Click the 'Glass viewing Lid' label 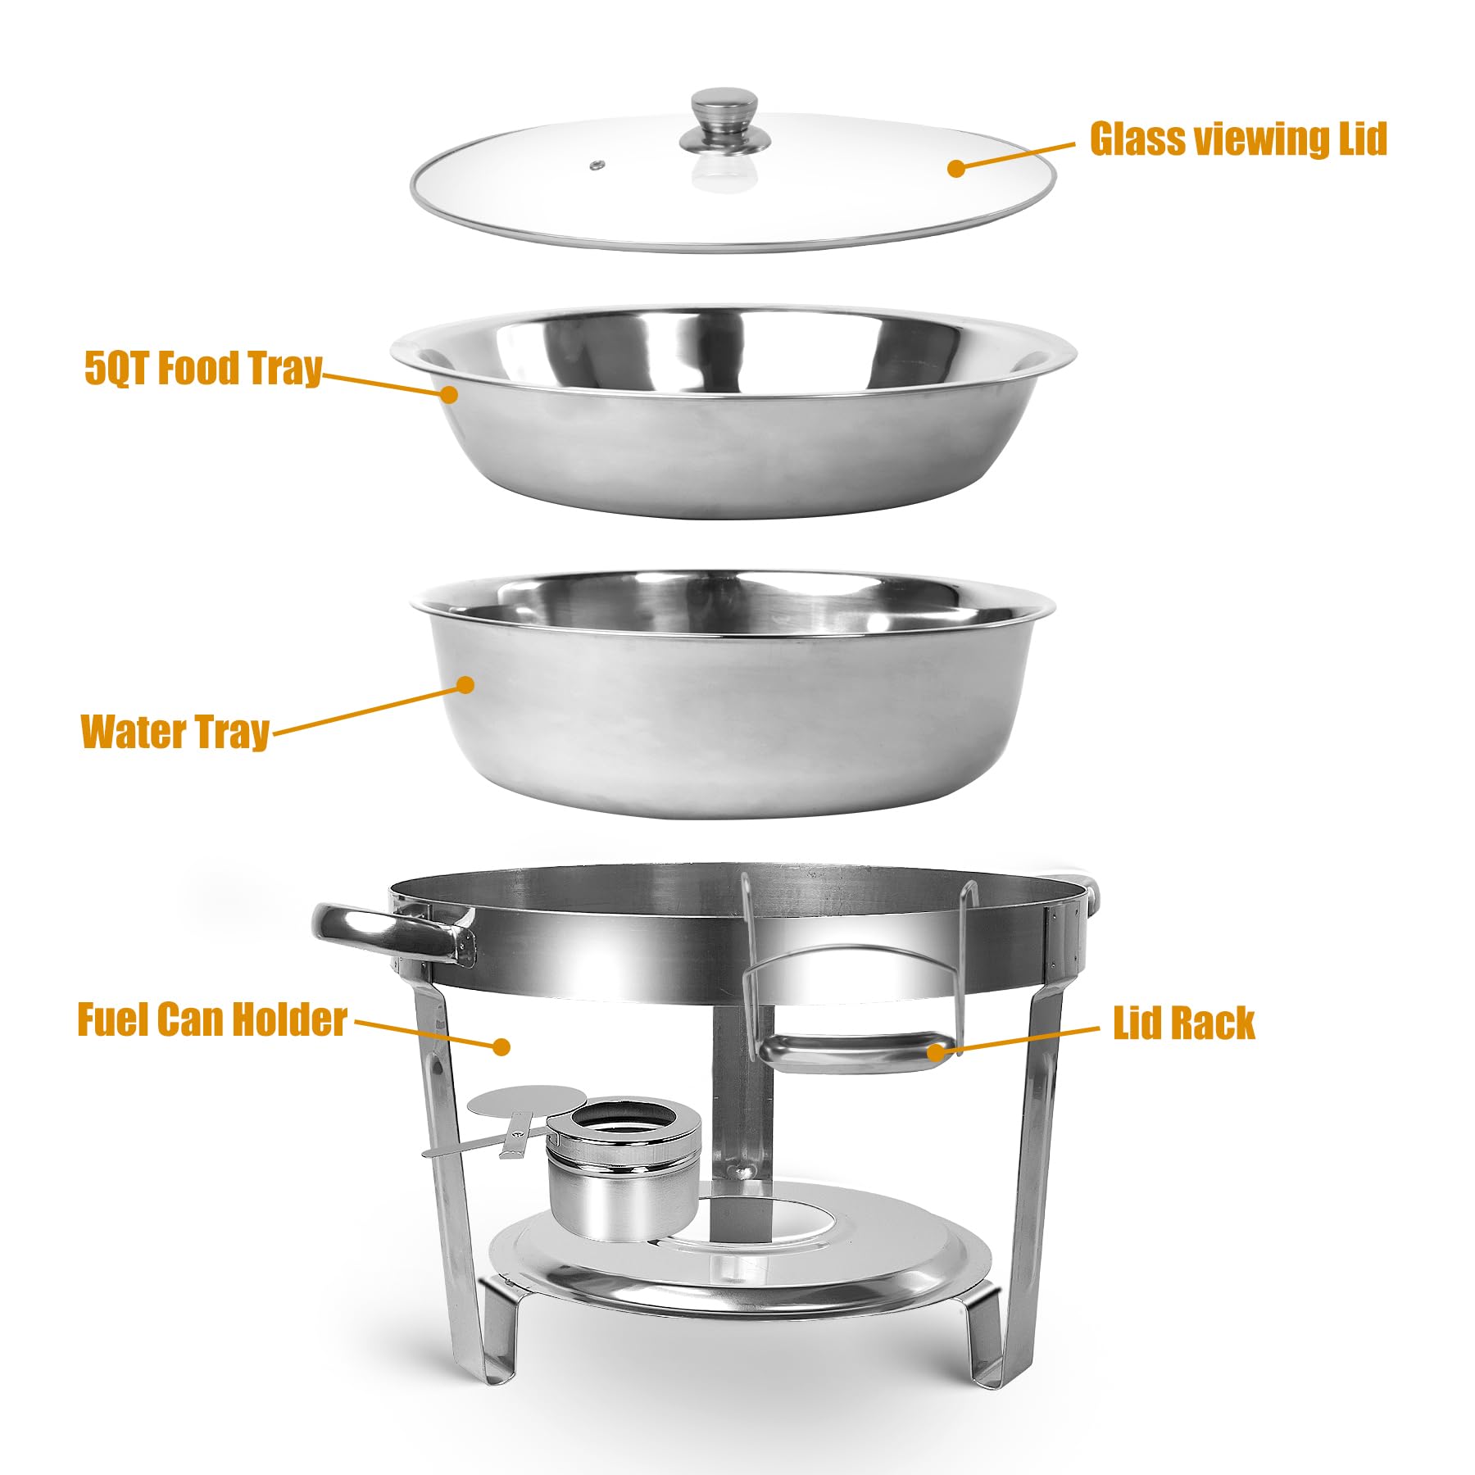(1237, 138)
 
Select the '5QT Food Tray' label (203, 368)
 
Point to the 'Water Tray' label (175, 731)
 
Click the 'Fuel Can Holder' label (212, 1019)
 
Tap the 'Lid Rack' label (1183, 1022)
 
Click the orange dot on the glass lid (955, 168)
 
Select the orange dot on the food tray (448, 393)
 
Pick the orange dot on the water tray (465, 684)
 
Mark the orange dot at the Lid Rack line (935, 1051)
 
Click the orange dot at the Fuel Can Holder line (501, 1046)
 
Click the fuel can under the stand (623, 1169)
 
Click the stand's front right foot (983, 1336)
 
